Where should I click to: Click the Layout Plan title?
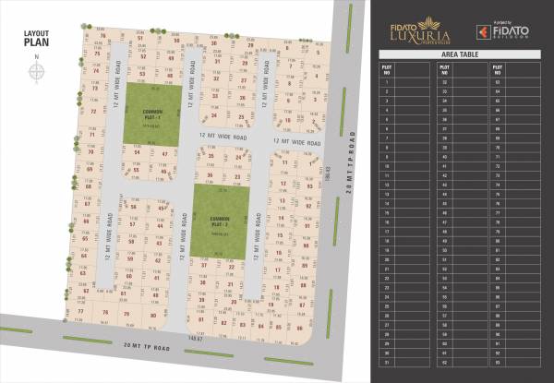click(x=37, y=36)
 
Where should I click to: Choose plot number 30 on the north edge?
click(x=213, y=43)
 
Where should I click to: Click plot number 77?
click(x=81, y=312)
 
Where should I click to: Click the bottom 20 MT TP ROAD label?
click(x=147, y=346)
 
